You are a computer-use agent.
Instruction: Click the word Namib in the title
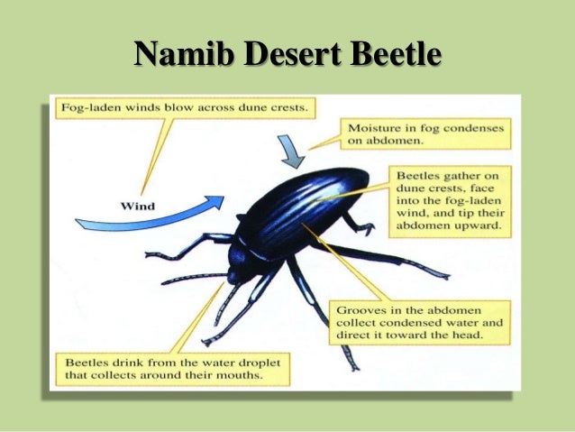tap(182, 55)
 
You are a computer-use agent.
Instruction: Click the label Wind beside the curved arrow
tap(138, 206)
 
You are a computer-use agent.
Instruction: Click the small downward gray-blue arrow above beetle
tap(290, 152)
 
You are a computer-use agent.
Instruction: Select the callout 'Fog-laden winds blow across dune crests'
tap(184, 108)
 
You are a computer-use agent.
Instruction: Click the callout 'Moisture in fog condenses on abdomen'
tap(427, 135)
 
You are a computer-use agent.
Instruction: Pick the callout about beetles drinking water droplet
tap(175, 368)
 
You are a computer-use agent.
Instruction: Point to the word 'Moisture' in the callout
tap(378, 129)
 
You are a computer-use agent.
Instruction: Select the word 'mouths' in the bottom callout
tap(263, 375)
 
